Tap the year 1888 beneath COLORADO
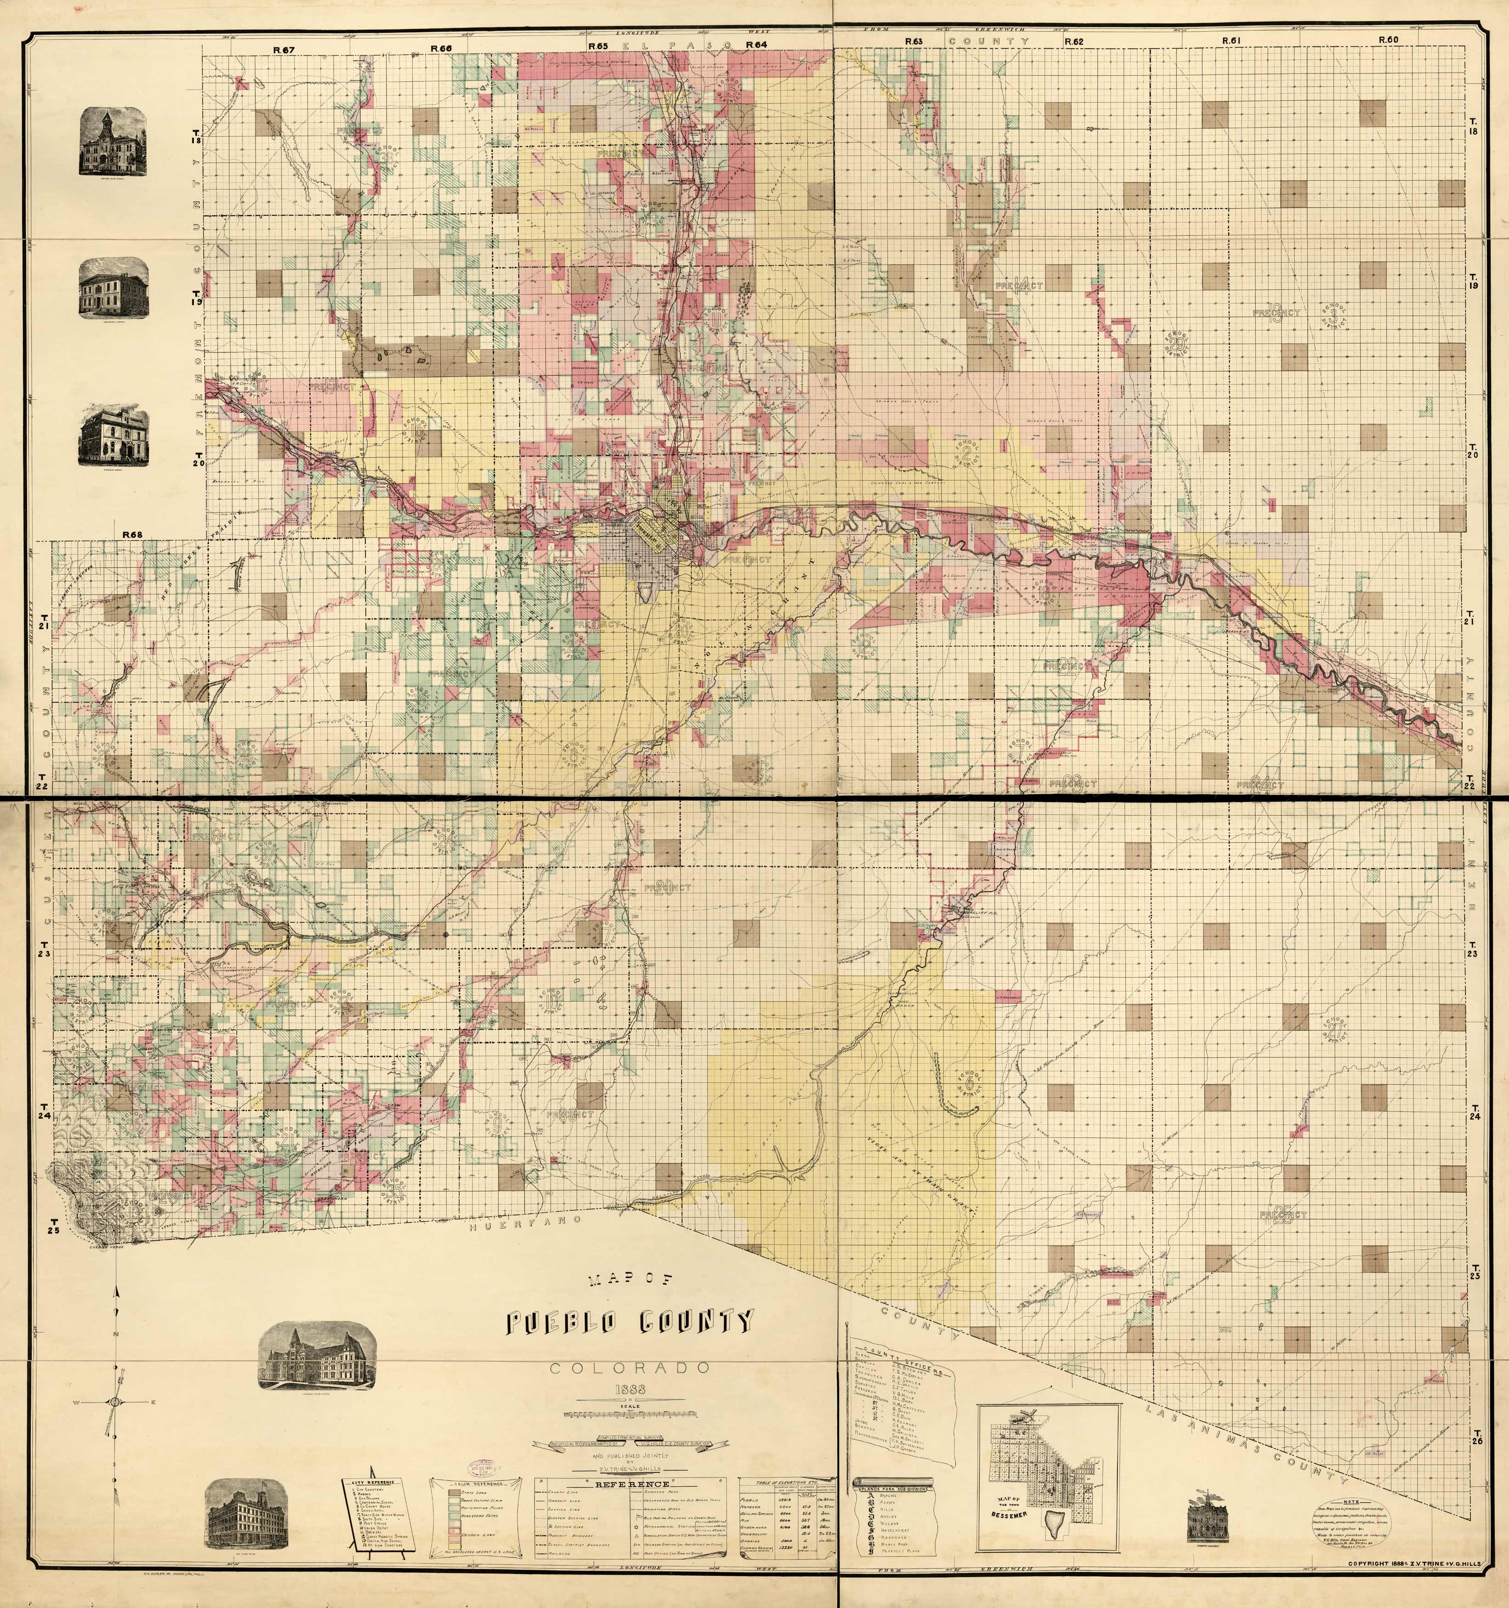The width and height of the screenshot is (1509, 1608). pyautogui.click(x=631, y=1390)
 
